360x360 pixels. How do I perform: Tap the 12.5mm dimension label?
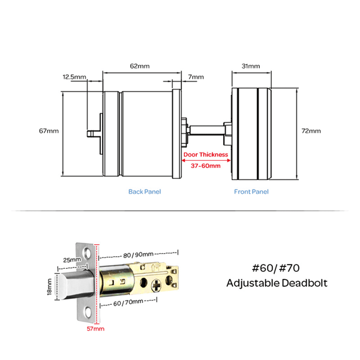(x=74, y=77)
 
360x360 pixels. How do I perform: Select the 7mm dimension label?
(x=196, y=77)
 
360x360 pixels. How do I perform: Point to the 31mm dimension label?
(x=251, y=65)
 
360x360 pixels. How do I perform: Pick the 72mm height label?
(x=312, y=130)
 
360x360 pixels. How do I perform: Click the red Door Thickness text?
(x=206, y=155)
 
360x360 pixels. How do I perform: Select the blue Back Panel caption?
(x=145, y=192)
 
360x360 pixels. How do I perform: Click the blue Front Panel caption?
(x=251, y=192)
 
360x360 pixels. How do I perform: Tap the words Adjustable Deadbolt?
(x=277, y=283)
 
